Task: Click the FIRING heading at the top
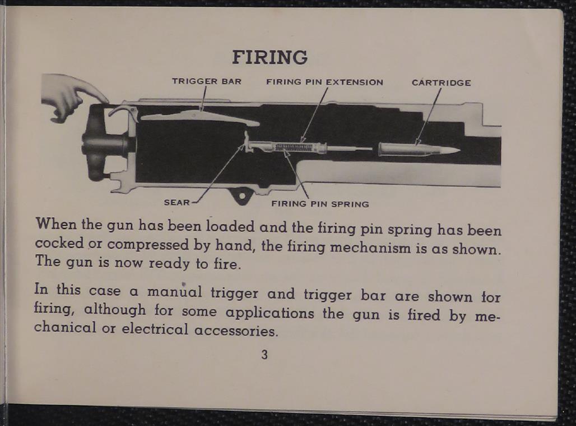(270, 57)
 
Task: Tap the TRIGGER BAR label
(206, 81)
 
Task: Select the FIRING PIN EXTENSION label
(324, 82)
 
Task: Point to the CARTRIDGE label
(441, 83)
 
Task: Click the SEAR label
(176, 202)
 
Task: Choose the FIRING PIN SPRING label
(320, 204)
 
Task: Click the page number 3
(264, 355)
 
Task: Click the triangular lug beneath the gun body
(242, 195)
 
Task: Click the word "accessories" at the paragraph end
(235, 331)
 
